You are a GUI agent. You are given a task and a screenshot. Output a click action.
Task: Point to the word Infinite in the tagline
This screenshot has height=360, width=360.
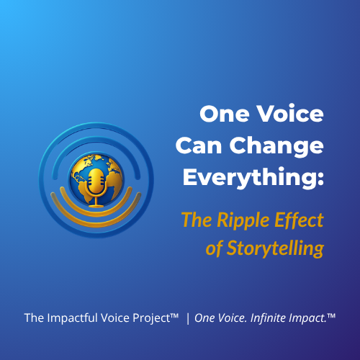(273, 318)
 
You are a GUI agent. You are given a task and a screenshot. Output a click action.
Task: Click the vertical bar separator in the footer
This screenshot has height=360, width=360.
(188, 318)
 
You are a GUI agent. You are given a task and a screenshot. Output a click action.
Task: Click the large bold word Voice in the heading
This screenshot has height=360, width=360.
(287, 114)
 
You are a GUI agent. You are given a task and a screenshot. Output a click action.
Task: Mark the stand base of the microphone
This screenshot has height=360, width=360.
(95, 201)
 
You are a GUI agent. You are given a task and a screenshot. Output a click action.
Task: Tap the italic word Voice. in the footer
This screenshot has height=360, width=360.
(238, 318)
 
